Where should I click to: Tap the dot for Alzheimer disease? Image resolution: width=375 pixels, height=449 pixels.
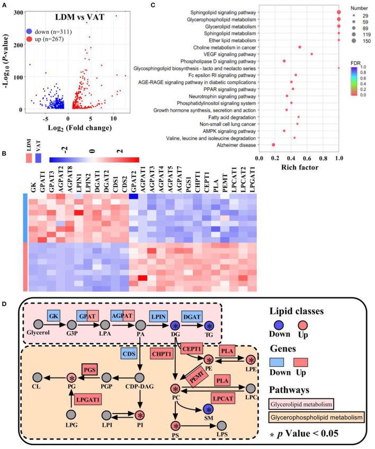click(273, 145)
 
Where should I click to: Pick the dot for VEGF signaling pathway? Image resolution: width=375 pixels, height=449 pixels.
click(311, 54)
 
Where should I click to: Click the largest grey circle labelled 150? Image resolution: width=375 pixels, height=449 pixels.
click(353, 41)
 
